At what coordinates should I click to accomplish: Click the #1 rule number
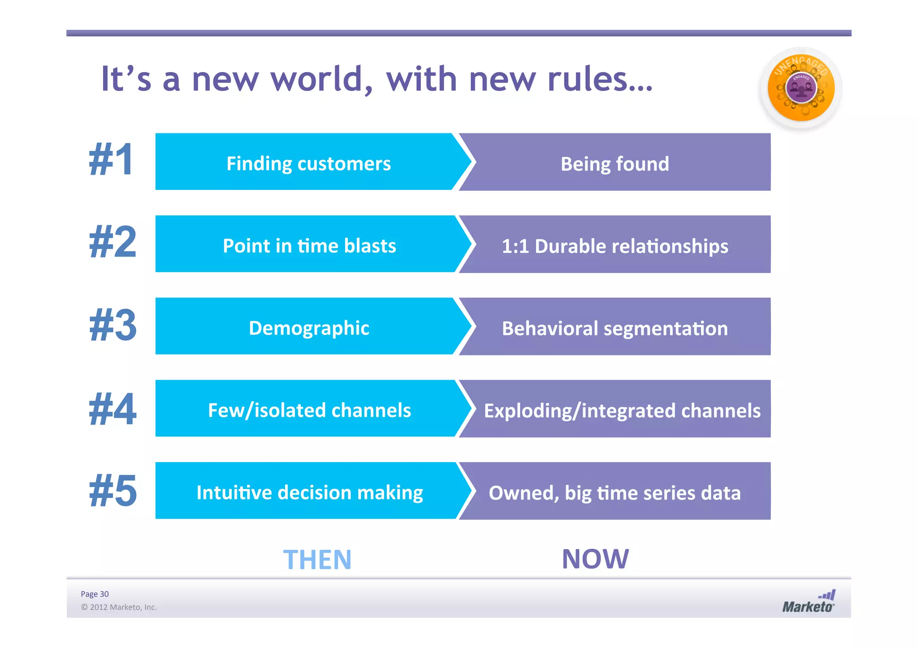click(111, 160)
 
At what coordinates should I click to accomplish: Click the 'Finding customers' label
click(308, 163)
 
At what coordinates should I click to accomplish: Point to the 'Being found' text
click(615, 164)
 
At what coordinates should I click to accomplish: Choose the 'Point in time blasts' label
click(309, 246)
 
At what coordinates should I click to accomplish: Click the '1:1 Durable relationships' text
click(615, 246)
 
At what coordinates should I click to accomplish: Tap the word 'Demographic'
click(309, 328)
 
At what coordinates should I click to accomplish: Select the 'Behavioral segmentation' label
click(615, 329)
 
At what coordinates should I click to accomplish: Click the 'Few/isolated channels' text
click(309, 410)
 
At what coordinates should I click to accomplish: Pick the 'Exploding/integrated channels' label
click(622, 411)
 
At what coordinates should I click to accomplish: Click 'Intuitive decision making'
click(309, 493)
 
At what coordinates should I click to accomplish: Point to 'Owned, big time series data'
click(615, 493)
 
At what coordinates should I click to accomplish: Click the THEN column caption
click(317, 560)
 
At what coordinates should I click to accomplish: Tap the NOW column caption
click(595, 559)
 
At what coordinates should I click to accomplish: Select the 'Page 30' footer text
click(95, 594)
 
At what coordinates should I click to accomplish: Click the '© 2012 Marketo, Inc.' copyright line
click(119, 607)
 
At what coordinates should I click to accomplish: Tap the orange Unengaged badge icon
click(801, 88)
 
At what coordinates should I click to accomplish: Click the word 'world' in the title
click(321, 79)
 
